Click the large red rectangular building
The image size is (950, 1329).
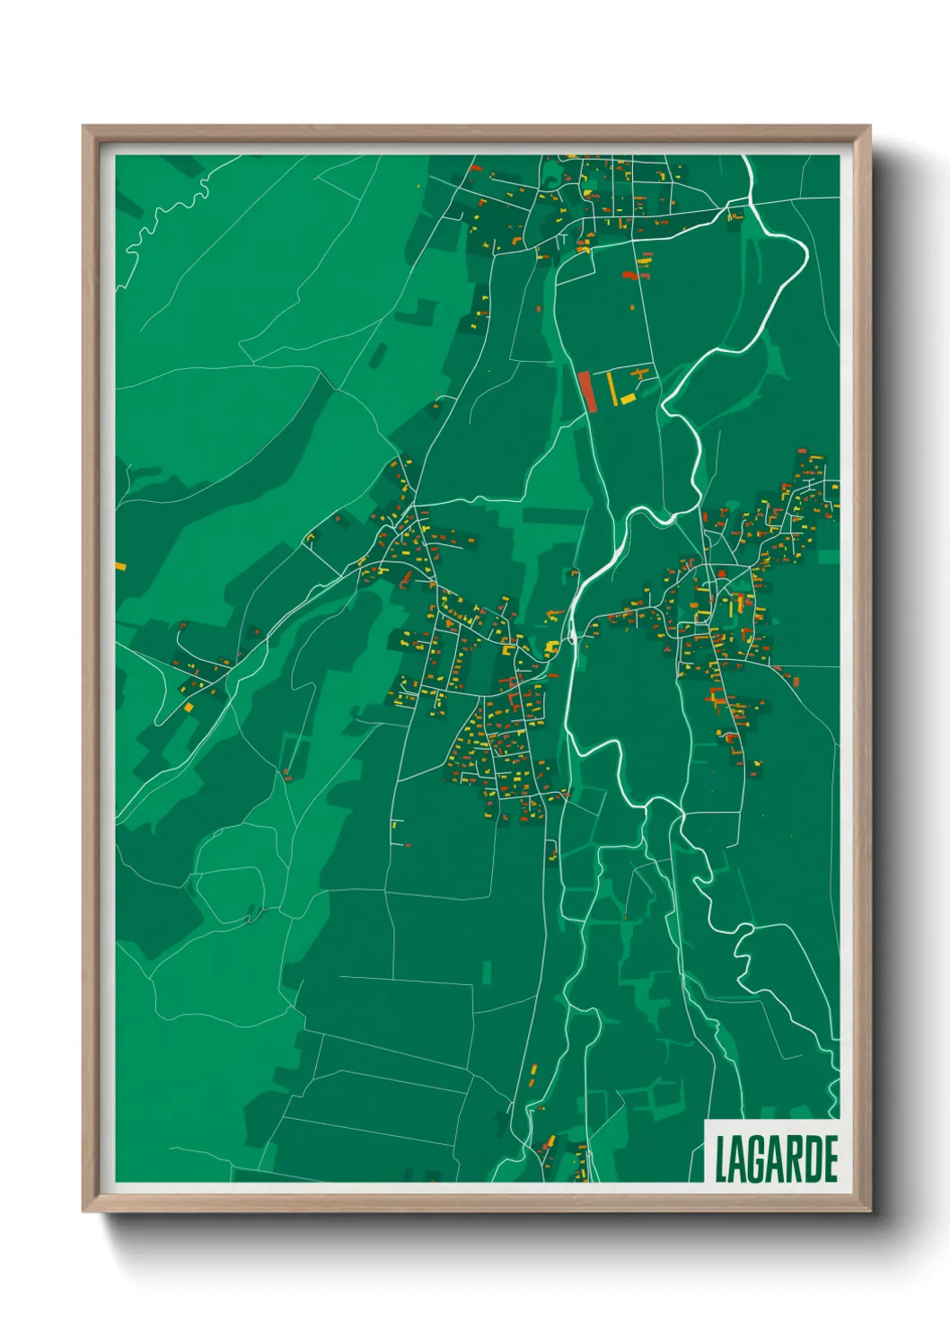pos(587,392)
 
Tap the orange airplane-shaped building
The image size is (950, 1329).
pos(641,372)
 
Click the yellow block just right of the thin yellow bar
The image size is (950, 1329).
pos(628,398)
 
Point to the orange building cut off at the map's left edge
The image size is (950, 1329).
pos(120,567)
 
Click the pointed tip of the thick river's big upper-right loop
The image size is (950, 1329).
pos(807,252)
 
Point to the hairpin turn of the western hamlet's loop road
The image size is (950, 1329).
pos(158,721)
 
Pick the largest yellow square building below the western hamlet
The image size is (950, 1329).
pos(189,708)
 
